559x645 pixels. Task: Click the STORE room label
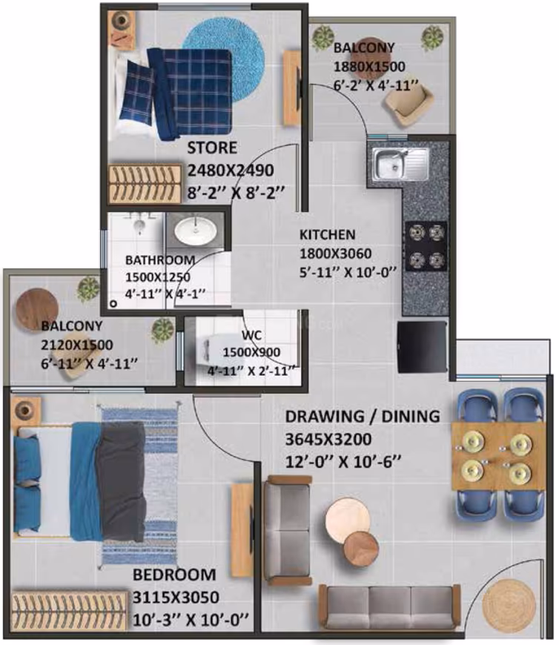(x=212, y=148)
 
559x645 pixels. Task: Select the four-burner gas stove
(x=426, y=246)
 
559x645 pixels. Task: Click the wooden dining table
(x=498, y=456)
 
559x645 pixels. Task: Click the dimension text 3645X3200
(x=328, y=439)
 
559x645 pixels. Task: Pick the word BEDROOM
(x=174, y=575)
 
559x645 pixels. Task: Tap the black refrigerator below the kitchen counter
(x=422, y=347)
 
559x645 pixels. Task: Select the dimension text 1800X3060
(x=335, y=254)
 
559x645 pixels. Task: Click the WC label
(x=251, y=335)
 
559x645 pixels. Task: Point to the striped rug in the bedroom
(x=139, y=486)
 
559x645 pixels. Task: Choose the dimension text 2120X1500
(x=76, y=345)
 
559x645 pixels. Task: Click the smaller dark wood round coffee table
(x=361, y=549)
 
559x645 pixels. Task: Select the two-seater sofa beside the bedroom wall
(x=287, y=530)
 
